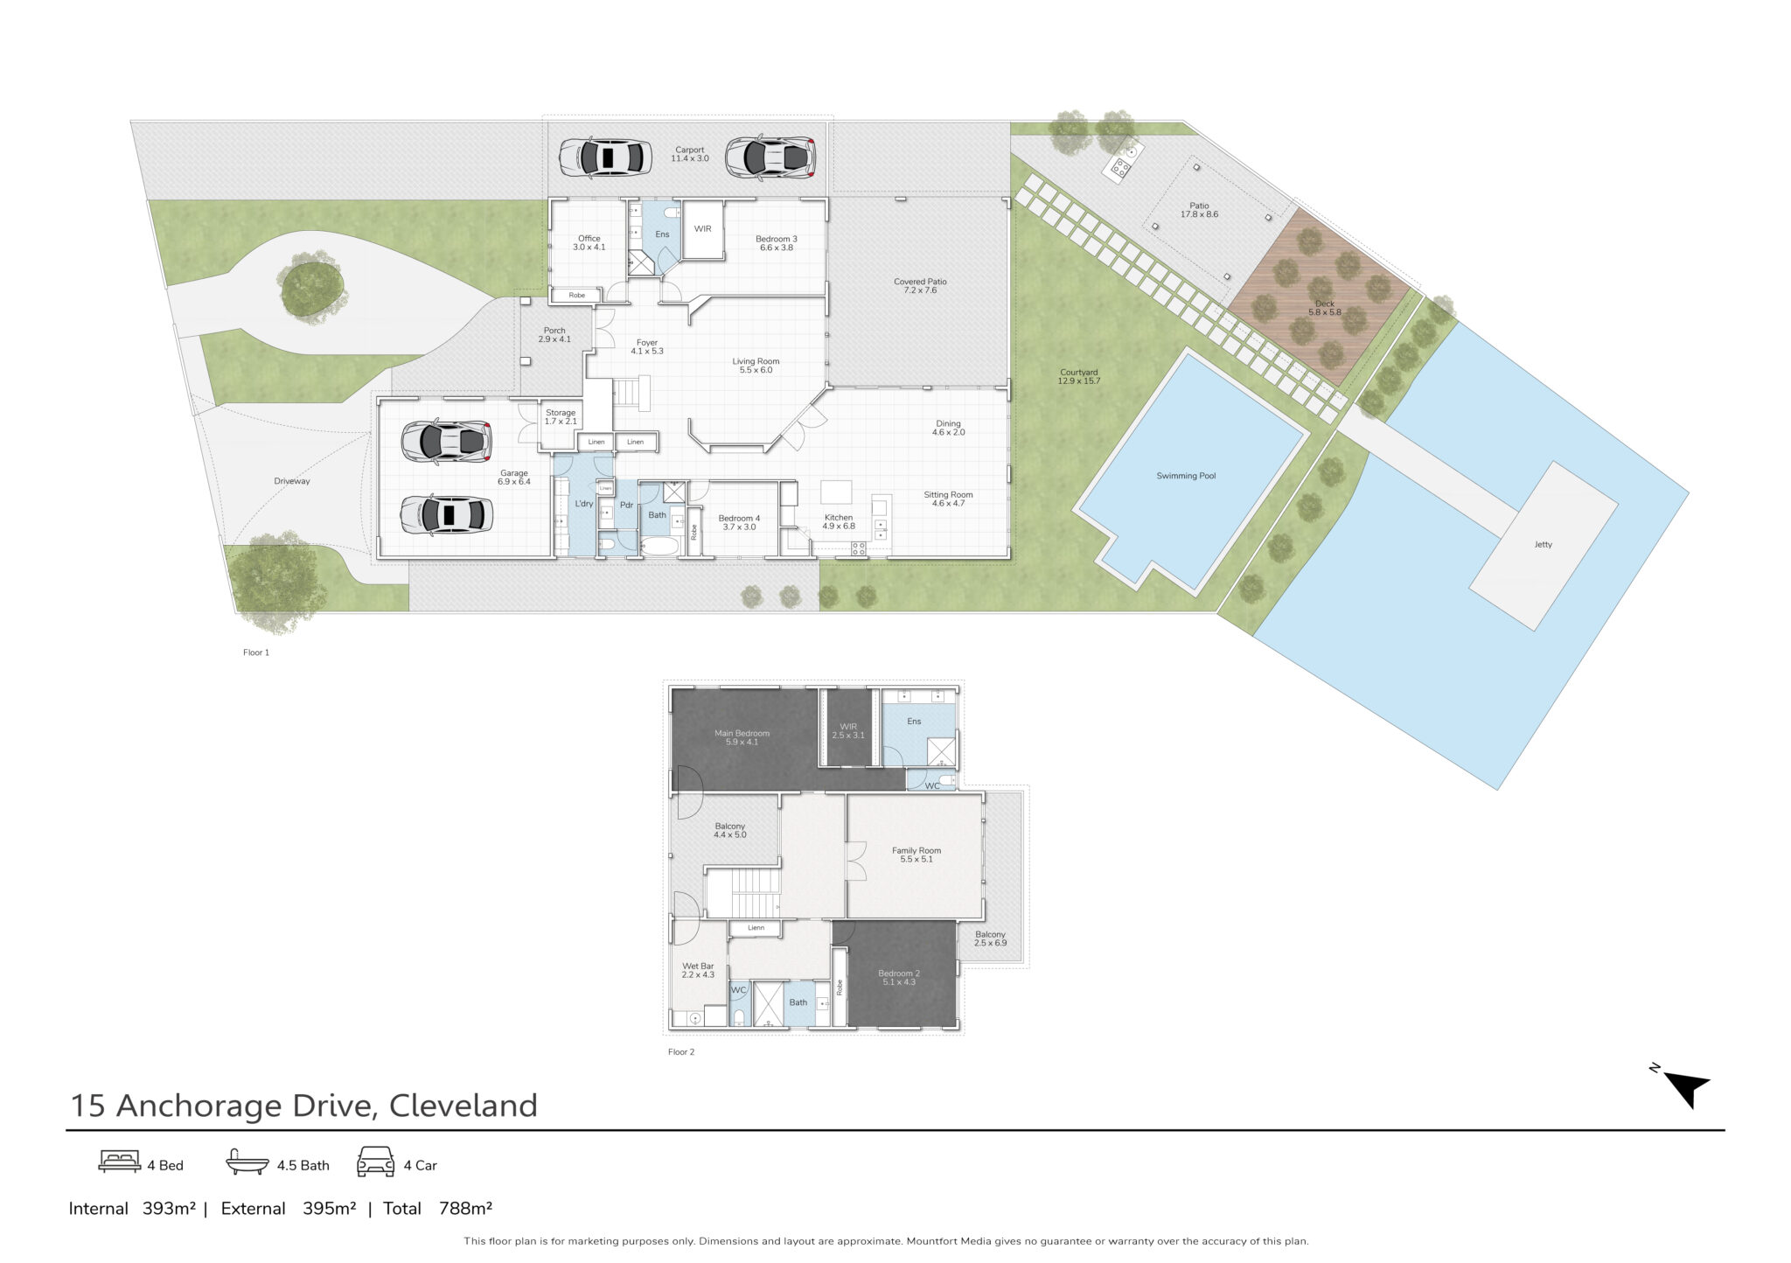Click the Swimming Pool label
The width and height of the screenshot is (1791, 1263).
1186,476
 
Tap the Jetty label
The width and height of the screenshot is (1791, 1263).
1543,544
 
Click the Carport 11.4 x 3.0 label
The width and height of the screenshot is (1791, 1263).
690,154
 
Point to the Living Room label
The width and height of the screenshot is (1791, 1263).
756,366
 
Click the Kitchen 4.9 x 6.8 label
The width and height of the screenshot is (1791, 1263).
839,522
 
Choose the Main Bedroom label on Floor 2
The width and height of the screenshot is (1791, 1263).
742,737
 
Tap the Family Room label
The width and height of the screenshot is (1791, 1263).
916,855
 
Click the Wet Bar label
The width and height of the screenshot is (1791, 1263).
698,971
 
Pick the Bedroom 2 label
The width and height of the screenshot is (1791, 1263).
899,978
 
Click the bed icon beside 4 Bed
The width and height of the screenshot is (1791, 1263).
119,1162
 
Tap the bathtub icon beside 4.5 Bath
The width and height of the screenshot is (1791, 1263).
247,1162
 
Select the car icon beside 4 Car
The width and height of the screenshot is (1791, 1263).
376,1162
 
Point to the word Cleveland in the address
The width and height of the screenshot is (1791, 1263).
463,1106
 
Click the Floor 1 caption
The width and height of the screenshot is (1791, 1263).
256,652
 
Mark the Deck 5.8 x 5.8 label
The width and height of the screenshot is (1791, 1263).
1325,308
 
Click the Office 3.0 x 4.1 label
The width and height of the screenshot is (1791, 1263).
589,242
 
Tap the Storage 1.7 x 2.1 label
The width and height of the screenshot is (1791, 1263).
561,417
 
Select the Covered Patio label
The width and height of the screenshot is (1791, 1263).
920,286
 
